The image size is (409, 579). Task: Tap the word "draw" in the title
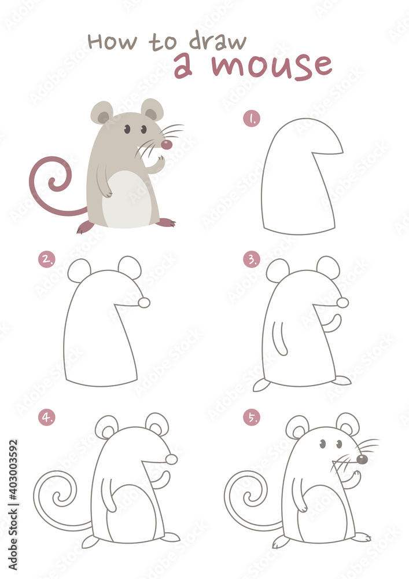click(x=219, y=41)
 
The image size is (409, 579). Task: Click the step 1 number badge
click(x=252, y=119)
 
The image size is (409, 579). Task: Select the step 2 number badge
click(x=46, y=260)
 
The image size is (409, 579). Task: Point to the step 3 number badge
click(x=251, y=260)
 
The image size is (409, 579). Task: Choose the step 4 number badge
click(x=46, y=417)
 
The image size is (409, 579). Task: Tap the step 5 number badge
click(x=251, y=417)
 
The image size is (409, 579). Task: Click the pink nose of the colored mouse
click(x=167, y=144)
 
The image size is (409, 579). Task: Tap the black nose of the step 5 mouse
click(x=362, y=459)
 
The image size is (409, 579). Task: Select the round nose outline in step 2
click(x=144, y=302)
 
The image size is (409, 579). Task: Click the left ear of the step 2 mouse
click(x=79, y=270)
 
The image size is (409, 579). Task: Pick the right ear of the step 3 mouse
click(x=328, y=267)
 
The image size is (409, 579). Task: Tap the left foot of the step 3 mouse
click(x=261, y=385)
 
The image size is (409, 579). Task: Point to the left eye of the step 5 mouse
click(x=323, y=444)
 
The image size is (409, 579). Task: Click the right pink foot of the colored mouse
click(x=166, y=222)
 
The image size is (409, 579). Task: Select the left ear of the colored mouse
click(x=102, y=113)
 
